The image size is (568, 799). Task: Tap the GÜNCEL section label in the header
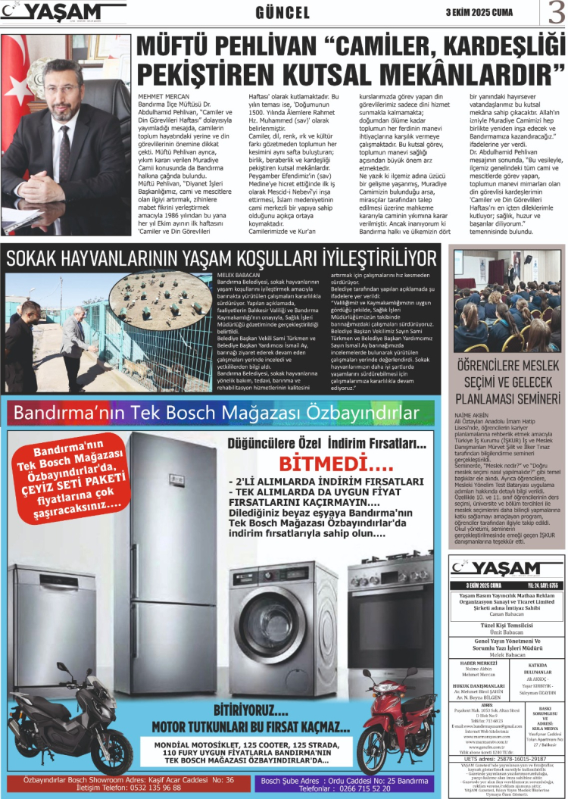pos(283,13)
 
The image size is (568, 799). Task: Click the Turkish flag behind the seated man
pos(16,76)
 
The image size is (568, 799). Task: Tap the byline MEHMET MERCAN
pos(158,97)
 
